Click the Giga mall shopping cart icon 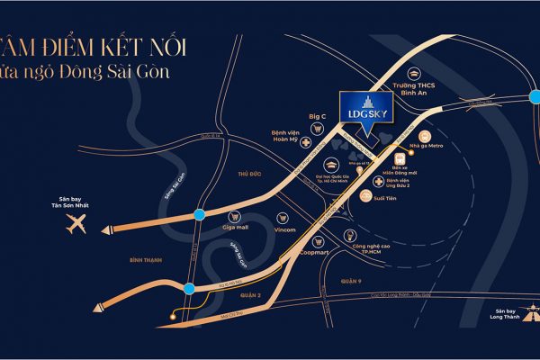point(235,216)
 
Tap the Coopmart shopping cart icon point(317,241)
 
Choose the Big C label point(317,117)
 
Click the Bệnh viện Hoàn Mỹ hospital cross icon point(308,143)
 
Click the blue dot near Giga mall point(198,215)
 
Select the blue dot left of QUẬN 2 point(188,288)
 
